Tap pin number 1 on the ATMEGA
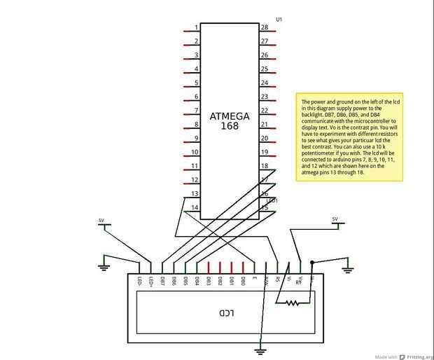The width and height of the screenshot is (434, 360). (x=196, y=28)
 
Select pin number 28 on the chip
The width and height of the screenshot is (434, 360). (x=265, y=28)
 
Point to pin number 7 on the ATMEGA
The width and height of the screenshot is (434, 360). (x=196, y=111)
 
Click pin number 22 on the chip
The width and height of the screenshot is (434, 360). (x=265, y=111)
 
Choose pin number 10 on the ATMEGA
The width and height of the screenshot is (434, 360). (x=196, y=152)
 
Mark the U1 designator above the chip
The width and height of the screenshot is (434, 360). (x=279, y=19)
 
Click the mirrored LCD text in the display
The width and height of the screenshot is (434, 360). (x=225, y=312)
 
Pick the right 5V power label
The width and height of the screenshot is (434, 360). (x=335, y=219)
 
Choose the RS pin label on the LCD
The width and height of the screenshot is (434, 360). (x=277, y=280)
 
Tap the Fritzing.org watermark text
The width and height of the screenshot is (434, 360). (x=415, y=354)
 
